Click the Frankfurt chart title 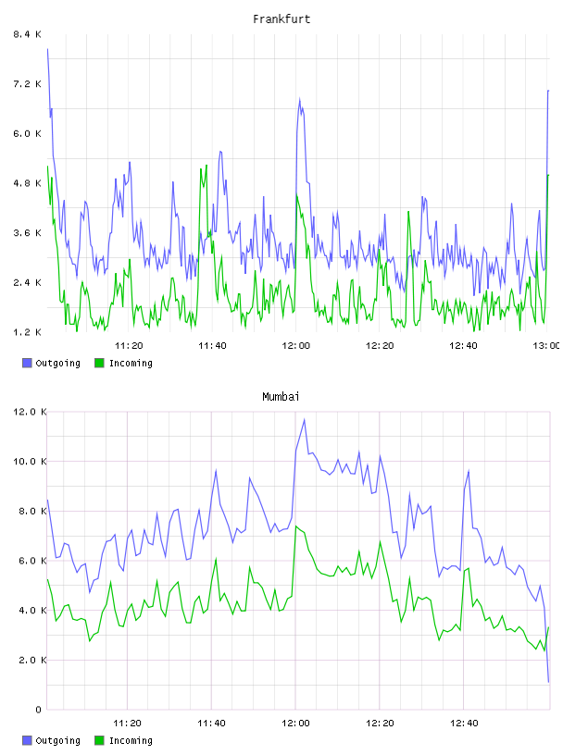tap(281, 19)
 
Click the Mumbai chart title tap(281, 396)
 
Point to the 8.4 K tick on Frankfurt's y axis tap(28, 34)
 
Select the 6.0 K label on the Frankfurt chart tap(28, 133)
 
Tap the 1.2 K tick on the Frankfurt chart tap(28, 332)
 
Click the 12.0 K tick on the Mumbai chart tap(30, 412)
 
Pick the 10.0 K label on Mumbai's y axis tap(30, 462)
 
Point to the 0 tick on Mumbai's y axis tap(38, 710)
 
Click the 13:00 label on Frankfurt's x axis tap(546, 345)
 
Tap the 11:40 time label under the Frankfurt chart tap(212, 345)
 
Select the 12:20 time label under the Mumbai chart tap(380, 723)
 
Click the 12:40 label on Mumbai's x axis tap(464, 723)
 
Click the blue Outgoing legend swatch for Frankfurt tap(27, 363)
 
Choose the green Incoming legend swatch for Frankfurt tap(99, 363)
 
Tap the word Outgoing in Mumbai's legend tap(57, 740)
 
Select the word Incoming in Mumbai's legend tap(131, 740)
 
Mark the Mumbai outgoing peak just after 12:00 tap(304, 420)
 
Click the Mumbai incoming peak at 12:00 tap(296, 526)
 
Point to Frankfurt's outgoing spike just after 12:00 tap(300, 99)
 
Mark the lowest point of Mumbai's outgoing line tap(548, 682)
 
